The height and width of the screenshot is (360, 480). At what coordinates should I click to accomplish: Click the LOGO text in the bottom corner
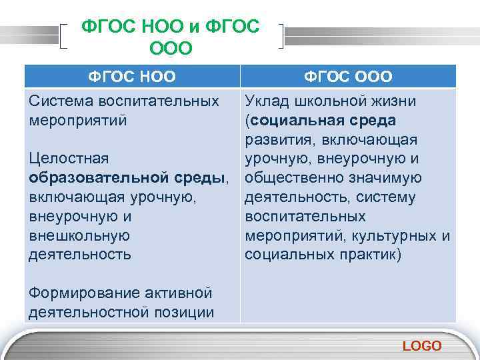pyautogui.click(x=422, y=345)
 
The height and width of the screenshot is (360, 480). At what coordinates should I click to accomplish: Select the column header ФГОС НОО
pyautogui.click(x=132, y=77)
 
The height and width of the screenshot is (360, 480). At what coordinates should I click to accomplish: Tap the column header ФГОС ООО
pyautogui.click(x=348, y=77)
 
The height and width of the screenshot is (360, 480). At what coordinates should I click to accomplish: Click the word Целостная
pyautogui.click(x=69, y=159)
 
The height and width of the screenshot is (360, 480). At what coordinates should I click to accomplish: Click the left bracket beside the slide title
pyautogui.click(x=65, y=36)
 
